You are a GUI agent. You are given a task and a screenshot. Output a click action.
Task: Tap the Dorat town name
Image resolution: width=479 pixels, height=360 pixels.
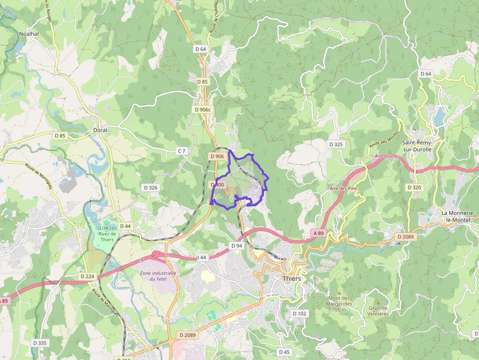point(100,130)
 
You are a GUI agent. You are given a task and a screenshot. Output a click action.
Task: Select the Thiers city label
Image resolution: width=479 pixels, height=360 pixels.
point(292,278)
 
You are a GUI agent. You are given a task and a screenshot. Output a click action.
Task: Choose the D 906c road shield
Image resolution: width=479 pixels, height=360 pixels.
point(202,110)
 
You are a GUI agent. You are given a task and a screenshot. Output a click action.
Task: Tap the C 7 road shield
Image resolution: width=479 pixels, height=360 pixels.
point(181,151)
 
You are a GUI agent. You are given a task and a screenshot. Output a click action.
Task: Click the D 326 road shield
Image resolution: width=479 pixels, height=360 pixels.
point(151,188)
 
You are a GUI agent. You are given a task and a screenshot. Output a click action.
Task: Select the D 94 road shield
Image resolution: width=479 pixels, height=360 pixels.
point(237,245)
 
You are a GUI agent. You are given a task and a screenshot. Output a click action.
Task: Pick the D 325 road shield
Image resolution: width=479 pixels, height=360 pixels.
point(336,145)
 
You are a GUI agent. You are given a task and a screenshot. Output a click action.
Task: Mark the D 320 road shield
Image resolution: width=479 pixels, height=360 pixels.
point(414,188)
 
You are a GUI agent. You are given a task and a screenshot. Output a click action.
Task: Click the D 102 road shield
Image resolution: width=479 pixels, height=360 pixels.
point(299,313)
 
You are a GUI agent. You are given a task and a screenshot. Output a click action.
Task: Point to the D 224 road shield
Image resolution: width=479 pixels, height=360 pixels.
point(86,276)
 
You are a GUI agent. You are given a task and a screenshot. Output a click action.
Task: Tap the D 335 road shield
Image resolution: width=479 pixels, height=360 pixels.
point(40,343)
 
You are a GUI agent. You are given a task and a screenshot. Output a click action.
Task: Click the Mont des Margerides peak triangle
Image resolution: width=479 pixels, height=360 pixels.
point(339,292)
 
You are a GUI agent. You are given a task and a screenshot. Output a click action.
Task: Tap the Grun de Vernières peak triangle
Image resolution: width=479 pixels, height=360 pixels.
point(378,302)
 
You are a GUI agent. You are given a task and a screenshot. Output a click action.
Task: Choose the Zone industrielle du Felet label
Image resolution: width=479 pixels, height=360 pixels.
point(158,275)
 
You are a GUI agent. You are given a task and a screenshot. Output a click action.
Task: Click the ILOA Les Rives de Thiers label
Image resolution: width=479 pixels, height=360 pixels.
point(107,233)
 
